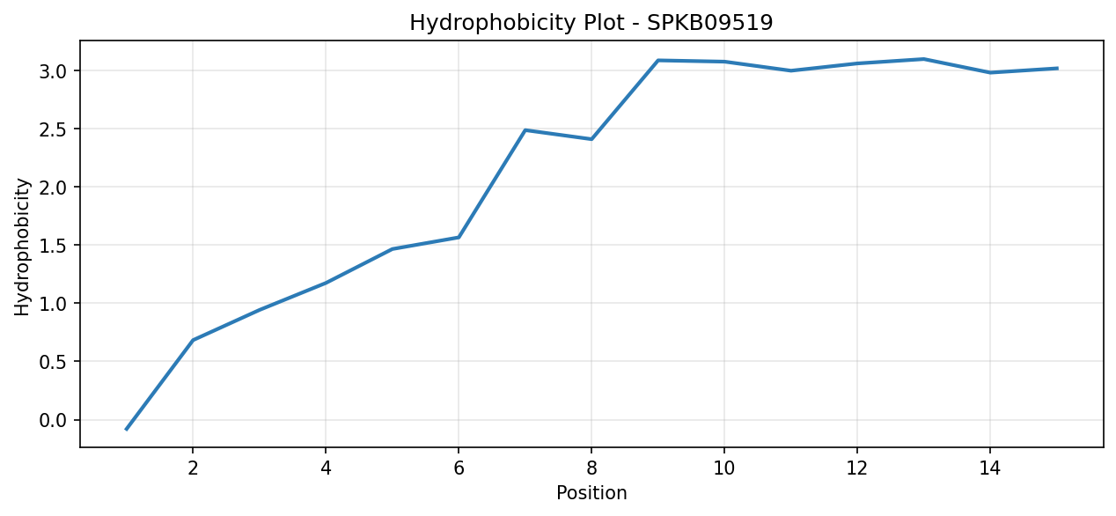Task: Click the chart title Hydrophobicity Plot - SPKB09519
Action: tap(591, 23)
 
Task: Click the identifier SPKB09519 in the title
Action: tap(710, 23)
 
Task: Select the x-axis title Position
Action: tap(591, 493)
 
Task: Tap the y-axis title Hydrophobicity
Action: tap(22, 247)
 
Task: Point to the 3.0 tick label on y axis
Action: tap(53, 71)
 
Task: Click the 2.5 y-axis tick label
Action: tap(53, 129)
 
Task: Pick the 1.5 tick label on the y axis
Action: tap(53, 246)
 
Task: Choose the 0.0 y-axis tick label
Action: tap(53, 420)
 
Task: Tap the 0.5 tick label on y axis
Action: tap(53, 362)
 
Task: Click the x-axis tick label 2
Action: tap(193, 468)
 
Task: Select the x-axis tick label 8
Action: tap(591, 468)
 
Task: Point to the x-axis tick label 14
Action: tap(990, 468)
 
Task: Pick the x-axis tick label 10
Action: tap(724, 468)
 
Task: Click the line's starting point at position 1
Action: tap(126, 429)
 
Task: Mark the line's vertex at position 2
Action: tap(193, 340)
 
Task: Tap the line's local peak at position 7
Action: tap(525, 130)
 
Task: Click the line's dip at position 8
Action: tap(591, 139)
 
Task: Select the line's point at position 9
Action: tap(657, 61)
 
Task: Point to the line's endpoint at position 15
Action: tap(1057, 69)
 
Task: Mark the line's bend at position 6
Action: tap(459, 238)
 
